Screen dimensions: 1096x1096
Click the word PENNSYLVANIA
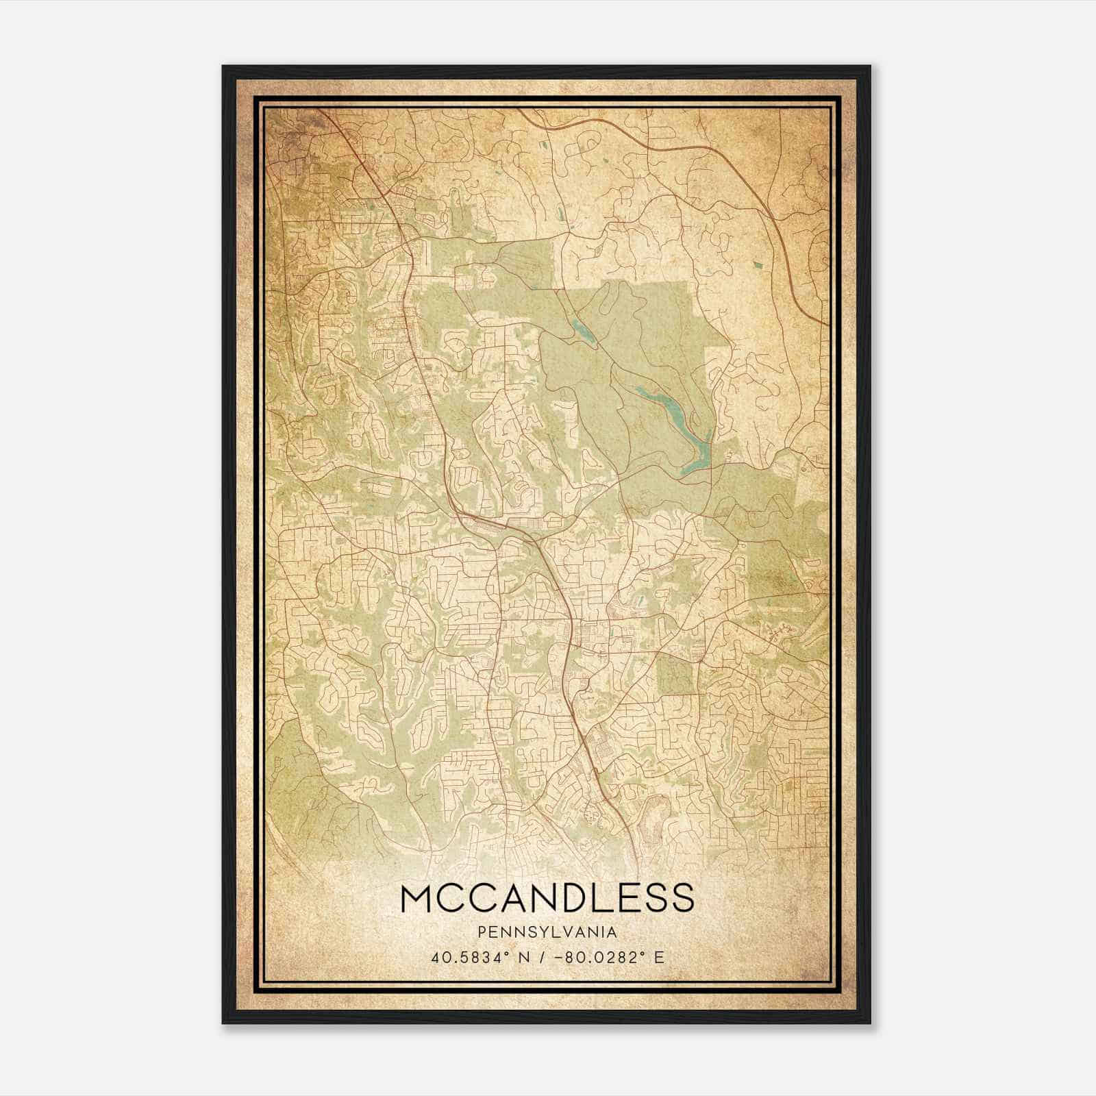pos(547,932)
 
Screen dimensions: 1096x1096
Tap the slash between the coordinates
pos(547,957)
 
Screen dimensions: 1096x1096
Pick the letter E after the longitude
pos(659,957)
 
